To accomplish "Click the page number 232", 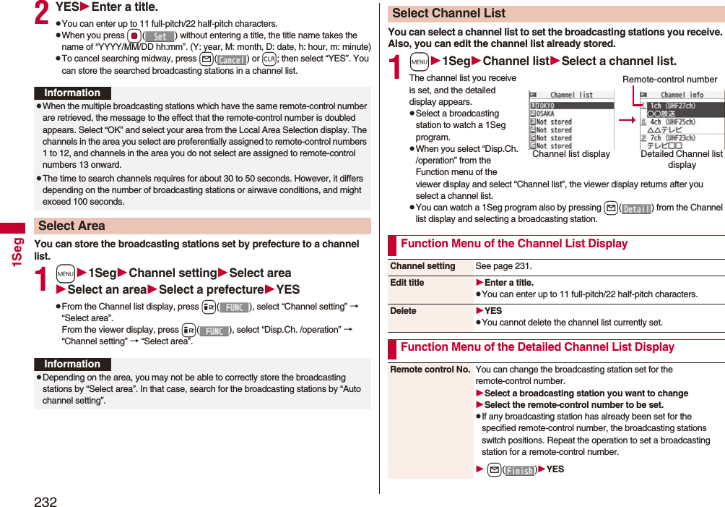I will [45, 501].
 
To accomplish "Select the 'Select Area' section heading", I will [71, 226].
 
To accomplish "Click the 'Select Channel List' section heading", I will [448, 13].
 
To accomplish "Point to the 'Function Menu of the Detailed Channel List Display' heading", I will [537, 347].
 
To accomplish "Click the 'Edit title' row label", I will [407, 283].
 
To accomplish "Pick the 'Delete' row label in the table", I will [403, 311].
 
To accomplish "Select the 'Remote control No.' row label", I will [430, 370].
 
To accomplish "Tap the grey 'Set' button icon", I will [160, 36].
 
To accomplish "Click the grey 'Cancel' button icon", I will [232, 59].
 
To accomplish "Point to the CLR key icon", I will [269, 59].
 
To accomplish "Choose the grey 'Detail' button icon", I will [635, 208].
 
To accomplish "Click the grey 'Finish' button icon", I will [519, 470].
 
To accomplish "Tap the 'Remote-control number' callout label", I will [669, 80].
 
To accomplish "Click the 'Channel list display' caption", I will [570, 154].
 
